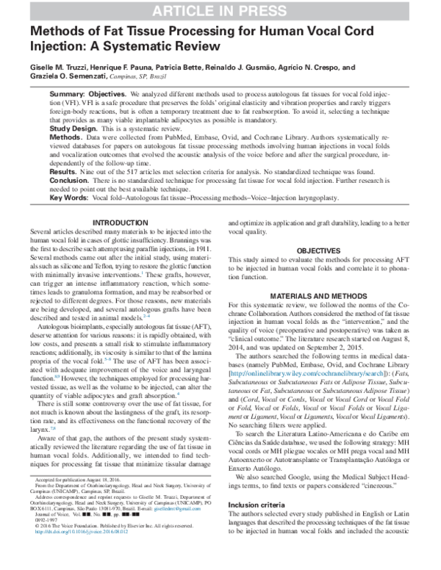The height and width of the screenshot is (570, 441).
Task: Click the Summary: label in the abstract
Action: [67, 96]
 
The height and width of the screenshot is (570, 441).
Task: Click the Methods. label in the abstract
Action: [65, 137]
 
